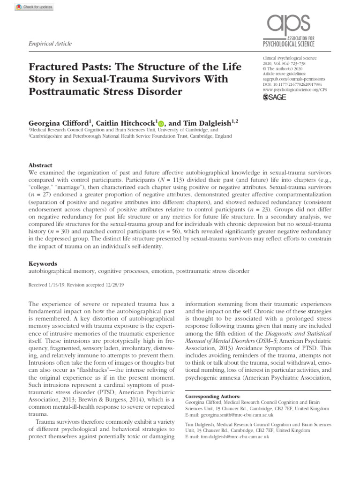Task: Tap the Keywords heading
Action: (x=43, y=264)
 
